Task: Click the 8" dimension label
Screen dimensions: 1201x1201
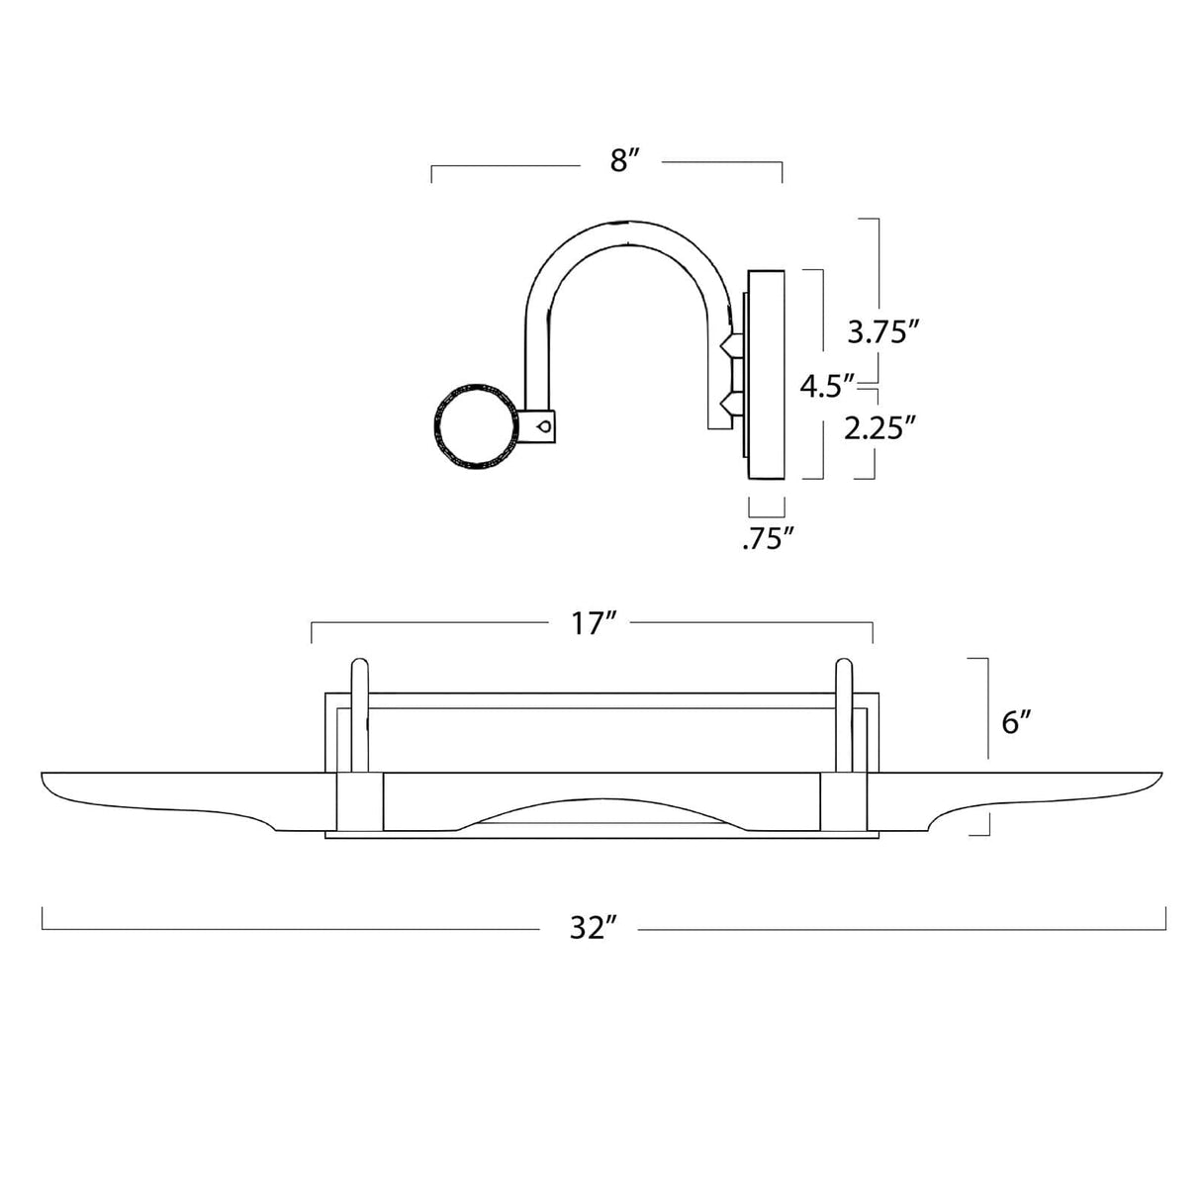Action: pyautogui.click(x=620, y=161)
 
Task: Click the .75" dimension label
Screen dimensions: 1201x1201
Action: pyautogui.click(x=769, y=539)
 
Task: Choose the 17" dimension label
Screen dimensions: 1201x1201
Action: pyautogui.click(x=594, y=624)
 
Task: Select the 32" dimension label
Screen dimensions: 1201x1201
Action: pyautogui.click(x=594, y=929)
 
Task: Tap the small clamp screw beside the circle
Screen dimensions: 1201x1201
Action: pyautogui.click(x=543, y=425)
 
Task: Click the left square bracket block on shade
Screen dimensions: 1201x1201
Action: pyautogui.click(x=360, y=802)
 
